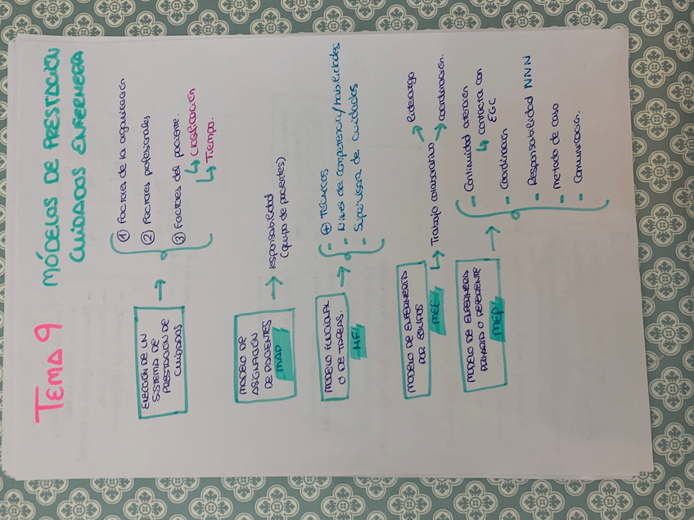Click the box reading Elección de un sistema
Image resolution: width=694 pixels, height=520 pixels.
coord(160,361)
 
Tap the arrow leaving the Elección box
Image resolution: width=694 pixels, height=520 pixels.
coord(158,287)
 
